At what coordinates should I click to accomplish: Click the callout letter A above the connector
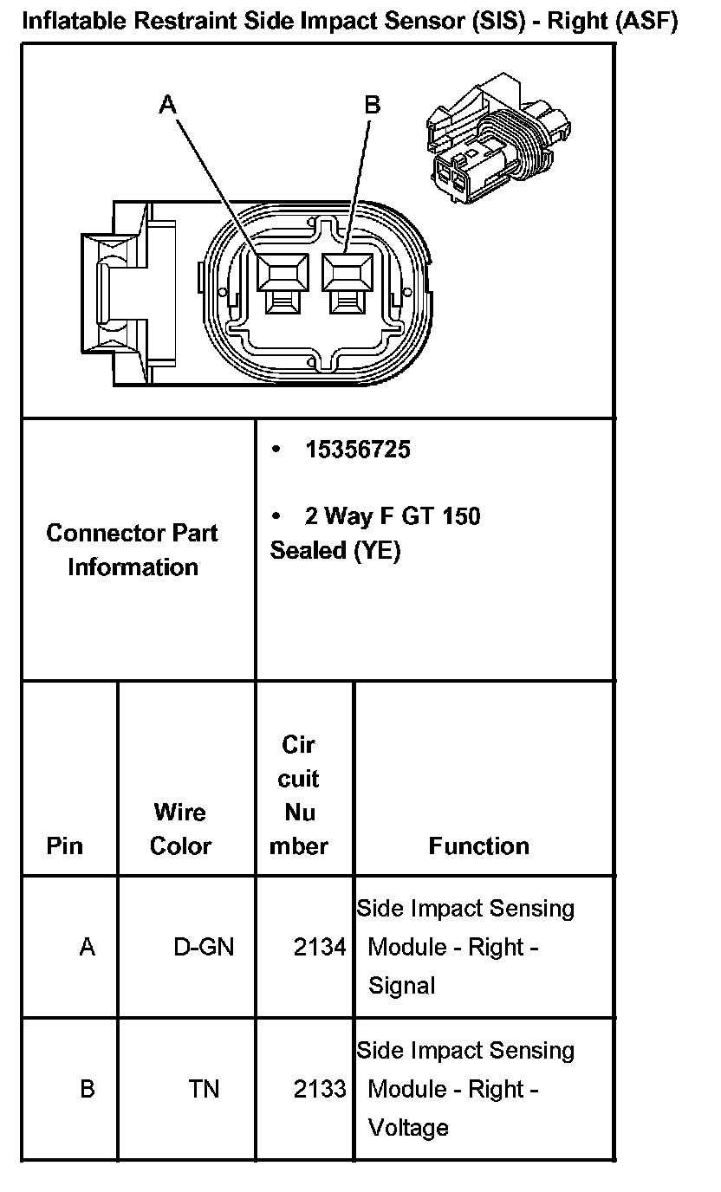pyautogui.click(x=168, y=104)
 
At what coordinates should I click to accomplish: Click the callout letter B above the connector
pyautogui.click(x=373, y=105)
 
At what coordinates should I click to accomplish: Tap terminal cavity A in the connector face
pyautogui.click(x=284, y=276)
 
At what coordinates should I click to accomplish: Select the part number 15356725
pyautogui.click(x=357, y=450)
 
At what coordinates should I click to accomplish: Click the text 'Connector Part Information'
pyautogui.click(x=133, y=549)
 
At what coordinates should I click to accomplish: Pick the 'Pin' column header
pyautogui.click(x=65, y=845)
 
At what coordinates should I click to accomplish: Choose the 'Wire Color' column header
pyautogui.click(x=180, y=829)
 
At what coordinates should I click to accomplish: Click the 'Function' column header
pyautogui.click(x=478, y=845)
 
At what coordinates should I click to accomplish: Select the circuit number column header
pyautogui.click(x=299, y=795)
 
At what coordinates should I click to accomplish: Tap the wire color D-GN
pyautogui.click(x=204, y=947)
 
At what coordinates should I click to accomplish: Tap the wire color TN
pyautogui.click(x=204, y=1089)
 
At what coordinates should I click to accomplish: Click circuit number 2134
pyautogui.click(x=320, y=947)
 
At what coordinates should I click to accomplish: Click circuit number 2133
pyautogui.click(x=320, y=1089)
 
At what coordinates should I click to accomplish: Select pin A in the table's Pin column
pyautogui.click(x=87, y=947)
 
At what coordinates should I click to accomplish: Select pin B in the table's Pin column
pyautogui.click(x=87, y=1089)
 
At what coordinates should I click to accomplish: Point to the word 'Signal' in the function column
pyautogui.click(x=402, y=985)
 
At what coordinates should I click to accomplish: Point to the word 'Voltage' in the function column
pyautogui.click(x=408, y=1127)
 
